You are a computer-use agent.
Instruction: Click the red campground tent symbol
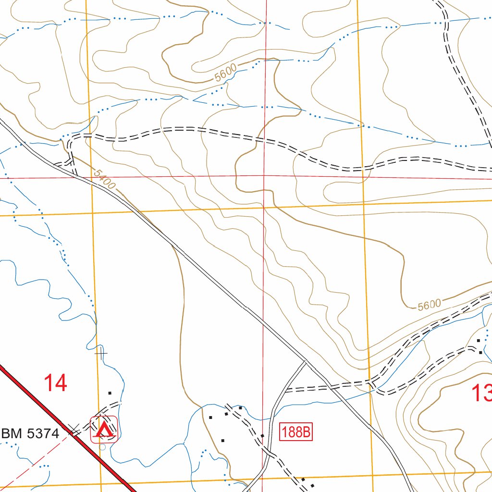pyautogui.click(x=104, y=429)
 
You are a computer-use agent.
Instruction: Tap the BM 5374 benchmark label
pyautogui.click(x=31, y=434)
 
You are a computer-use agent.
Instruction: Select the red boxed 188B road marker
pyautogui.click(x=296, y=432)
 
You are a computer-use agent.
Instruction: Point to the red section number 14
pyautogui.click(x=55, y=383)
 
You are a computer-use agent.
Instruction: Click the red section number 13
pyautogui.click(x=481, y=394)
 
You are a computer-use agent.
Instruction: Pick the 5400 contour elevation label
pyautogui.click(x=105, y=179)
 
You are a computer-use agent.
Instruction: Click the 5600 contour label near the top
pyautogui.click(x=226, y=74)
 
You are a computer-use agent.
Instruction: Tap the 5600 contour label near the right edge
pyautogui.click(x=429, y=305)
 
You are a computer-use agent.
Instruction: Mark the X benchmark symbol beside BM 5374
pyautogui.click(x=74, y=429)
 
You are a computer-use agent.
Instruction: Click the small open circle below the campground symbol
pyautogui.click(x=102, y=447)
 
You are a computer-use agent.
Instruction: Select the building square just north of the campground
pyautogui.click(x=110, y=393)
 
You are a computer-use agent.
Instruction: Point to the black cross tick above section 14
pyautogui.click(x=101, y=353)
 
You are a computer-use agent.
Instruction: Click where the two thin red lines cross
pyautogui.click(x=264, y=176)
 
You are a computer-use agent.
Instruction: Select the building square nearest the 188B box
pyautogui.click(x=262, y=436)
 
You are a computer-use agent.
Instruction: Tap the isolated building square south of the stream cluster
pyautogui.click(x=222, y=440)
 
